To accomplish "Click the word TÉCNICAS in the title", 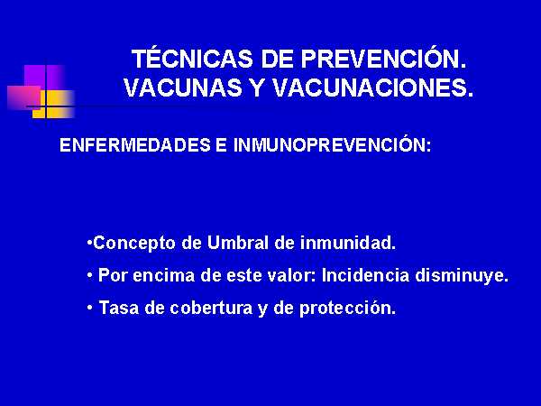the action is (x=192, y=58).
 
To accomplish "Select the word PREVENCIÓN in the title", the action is (x=384, y=58).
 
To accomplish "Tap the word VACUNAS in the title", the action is (x=183, y=88).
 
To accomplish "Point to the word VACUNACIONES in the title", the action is (x=373, y=88).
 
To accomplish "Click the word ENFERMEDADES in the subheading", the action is (x=135, y=145).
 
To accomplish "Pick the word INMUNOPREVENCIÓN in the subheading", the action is (x=332, y=144).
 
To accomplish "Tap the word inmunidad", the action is (x=348, y=243).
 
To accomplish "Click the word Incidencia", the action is (x=365, y=275).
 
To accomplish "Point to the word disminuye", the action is (x=462, y=276).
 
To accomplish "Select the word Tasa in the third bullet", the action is (x=119, y=308).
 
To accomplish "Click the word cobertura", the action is (x=211, y=308).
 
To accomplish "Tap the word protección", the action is (x=347, y=309).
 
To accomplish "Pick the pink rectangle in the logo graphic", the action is (x=23, y=98).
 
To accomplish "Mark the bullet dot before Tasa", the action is (x=90, y=307).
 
